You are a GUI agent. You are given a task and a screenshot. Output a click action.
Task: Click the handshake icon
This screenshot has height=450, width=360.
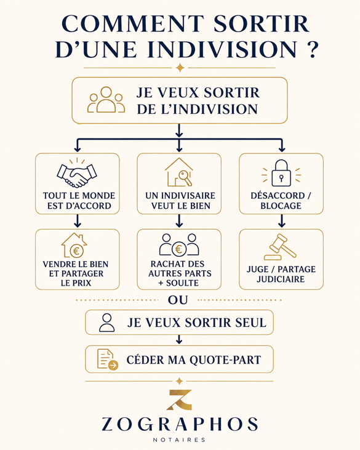[x=77, y=174]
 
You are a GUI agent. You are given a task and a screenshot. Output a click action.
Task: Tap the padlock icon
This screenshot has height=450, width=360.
[x=281, y=174]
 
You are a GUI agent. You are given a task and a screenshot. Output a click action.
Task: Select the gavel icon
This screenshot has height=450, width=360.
[x=280, y=247]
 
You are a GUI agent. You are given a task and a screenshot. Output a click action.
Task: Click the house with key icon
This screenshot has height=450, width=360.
[x=179, y=172]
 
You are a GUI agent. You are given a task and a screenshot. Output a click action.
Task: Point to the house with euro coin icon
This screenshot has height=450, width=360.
[x=74, y=245]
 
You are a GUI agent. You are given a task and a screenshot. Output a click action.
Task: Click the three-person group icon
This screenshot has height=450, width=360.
[x=106, y=100]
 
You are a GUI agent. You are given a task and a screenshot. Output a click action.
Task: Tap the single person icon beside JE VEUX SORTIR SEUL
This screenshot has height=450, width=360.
[x=106, y=323]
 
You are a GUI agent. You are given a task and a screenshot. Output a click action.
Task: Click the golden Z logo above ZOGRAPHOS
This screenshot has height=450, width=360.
[x=179, y=400]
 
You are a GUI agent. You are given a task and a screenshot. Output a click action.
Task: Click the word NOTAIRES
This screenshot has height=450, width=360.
[x=179, y=440]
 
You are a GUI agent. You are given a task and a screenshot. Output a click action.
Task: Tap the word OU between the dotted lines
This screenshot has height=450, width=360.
[x=178, y=300]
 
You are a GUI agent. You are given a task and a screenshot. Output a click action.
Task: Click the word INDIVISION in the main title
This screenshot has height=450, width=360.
[x=222, y=49]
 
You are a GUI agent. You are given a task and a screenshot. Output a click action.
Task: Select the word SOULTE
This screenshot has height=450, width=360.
[x=182, y=283]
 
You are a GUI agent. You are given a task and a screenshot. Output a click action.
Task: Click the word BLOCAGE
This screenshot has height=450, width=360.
[x=281, y=206]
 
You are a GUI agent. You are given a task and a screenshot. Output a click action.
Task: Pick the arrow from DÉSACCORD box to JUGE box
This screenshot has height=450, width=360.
[x=281, y=221]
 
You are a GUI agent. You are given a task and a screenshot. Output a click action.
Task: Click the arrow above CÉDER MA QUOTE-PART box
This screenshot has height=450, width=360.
[x=179, y=340]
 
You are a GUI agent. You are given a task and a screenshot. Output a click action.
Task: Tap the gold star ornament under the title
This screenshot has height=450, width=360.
[x=180, y=68]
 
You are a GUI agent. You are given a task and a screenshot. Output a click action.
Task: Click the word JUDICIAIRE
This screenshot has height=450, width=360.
[x=281, y=279]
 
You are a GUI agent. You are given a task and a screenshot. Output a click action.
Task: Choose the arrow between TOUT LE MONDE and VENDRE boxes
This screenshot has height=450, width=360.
[x=77, y=221]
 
